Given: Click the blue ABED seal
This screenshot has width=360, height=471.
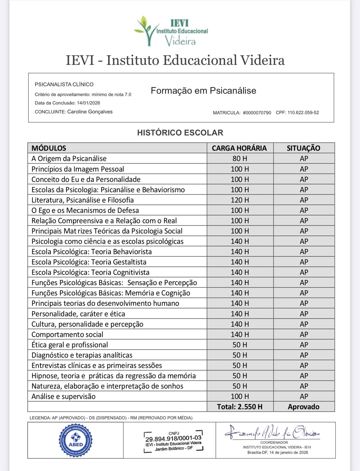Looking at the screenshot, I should pos(76,440).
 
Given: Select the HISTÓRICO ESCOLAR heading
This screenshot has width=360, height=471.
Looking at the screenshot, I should pos(180,133).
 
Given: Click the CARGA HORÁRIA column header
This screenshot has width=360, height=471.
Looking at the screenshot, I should pos(239,148).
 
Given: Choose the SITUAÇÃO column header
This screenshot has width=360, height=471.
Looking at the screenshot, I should pos(303,148).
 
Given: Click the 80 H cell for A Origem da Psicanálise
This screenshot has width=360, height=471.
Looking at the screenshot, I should pos(240,159).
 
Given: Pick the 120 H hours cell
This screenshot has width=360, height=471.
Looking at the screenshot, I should pos(240,200).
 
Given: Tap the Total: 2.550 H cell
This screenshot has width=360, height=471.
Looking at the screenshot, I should pos(240,407).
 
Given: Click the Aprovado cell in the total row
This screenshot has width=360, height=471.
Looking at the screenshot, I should pos(303,407).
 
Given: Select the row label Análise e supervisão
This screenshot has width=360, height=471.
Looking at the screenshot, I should pos(64,396).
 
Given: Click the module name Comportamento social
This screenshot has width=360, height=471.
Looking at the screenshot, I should pos(67,334).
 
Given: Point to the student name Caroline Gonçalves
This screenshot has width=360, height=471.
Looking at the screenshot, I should pos(90,112).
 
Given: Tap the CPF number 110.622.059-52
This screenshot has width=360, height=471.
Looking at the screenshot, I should pos(303,113).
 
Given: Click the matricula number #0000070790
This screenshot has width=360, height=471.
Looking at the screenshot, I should pos(257,113).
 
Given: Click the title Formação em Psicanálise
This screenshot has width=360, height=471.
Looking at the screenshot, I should pos(203,91).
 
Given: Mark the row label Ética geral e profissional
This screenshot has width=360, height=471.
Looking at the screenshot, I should pos(70,345).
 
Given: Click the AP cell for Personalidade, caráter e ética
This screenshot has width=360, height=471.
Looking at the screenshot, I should pos(304,314).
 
